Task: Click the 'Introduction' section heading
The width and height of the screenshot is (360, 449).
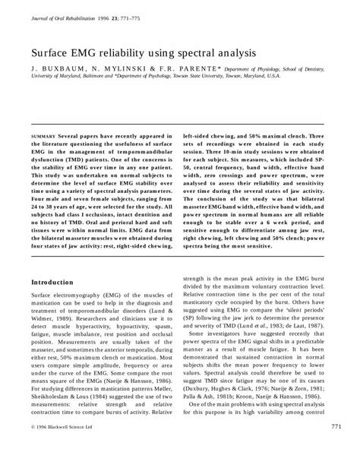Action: (x=52, y=260)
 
